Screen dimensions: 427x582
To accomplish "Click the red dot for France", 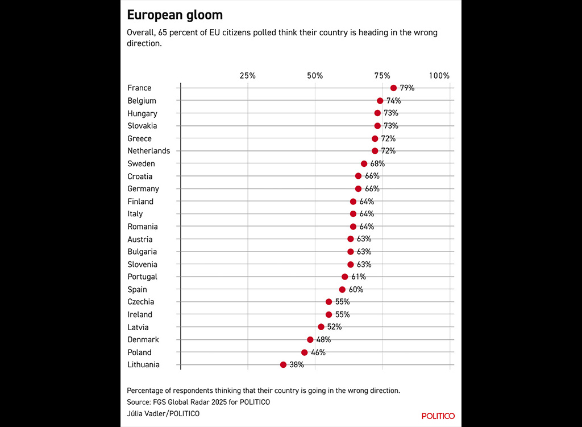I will coord(393,88).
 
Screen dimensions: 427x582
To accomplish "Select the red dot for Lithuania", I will coord(283,365).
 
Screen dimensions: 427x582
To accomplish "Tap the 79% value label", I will coord(407,88).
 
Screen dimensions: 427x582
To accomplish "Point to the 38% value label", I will coord(297,365).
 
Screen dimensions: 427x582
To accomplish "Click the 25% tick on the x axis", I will coord(248,76).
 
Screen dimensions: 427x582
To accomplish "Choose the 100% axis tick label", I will coord(439,76).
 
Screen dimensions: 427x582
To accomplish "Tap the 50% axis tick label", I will coord(315,76).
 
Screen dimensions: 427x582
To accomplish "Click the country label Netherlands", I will coord(148,151).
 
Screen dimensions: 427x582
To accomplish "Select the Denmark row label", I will coord(143,340).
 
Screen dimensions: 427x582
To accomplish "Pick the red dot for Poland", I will coord(305,352).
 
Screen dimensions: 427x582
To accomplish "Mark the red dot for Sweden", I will coord(364,164).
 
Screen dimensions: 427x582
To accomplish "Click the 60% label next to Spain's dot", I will coord(356,290).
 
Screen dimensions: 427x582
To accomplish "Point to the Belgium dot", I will coord(380,101).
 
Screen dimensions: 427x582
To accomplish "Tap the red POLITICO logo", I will coord(438,416).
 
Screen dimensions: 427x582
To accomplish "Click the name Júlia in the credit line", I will coord(136,413).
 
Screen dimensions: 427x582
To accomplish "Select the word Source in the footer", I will coord(140,402).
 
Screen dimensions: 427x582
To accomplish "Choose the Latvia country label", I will coord(138,327).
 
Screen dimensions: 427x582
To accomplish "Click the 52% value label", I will coord(335,327).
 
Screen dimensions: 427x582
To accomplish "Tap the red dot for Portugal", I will coord(345,277).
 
